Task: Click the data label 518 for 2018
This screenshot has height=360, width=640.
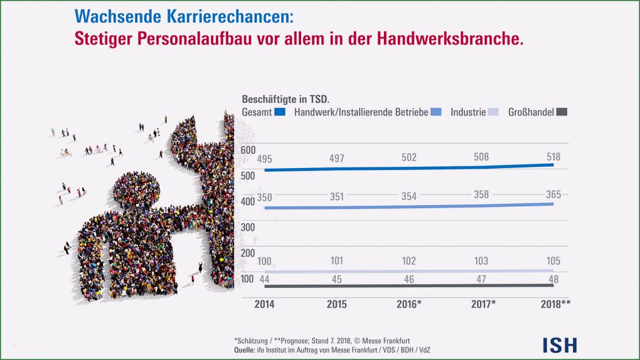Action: [x=553, y=157]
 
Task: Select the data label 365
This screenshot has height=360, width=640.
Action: [x=553, y=194]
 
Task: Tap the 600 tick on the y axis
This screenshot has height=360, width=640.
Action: [x=247, y=150]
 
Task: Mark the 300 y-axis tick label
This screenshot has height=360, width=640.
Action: [x=247, y=227]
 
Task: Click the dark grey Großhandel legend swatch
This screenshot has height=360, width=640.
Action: [x=562, y=112]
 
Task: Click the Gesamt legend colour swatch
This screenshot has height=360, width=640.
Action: [x=280, y=112]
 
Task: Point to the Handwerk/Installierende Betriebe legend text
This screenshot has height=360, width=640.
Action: [x=361, y=112]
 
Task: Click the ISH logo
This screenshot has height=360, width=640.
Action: [x=560, y=344]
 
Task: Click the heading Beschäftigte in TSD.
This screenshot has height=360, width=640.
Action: [x=285, y=99]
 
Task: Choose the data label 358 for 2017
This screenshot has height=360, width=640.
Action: [x=481, y=195]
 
